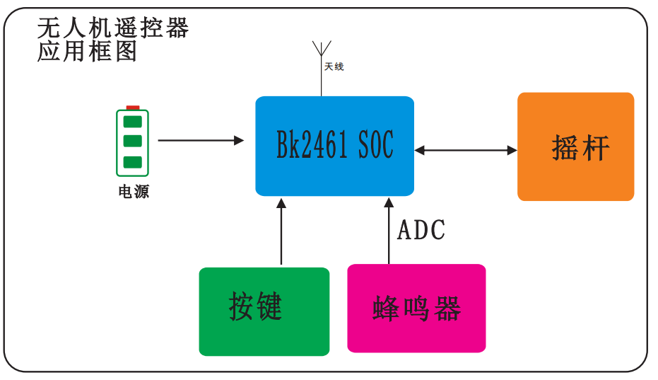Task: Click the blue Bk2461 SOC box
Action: tap(334, 146)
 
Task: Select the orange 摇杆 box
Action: tap(575, 146)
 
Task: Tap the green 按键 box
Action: tap(264, 311)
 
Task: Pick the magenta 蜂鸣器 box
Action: tap(416, 308)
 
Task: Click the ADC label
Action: tap(421, 230)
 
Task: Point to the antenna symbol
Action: tap(322, 68)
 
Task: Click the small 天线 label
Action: tap(334, 67)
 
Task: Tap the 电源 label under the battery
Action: tap(134, 192)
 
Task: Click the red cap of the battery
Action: tap(133, 108)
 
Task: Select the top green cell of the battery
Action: tap(133, 122)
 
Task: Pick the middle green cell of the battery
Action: tap(133, 141)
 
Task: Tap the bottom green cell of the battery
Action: tap(133, 162)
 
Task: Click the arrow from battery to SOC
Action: tap(201, 140)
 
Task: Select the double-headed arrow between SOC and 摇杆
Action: tap(466, 150)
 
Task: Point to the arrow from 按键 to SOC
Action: tap(281, 231)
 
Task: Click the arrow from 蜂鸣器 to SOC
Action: tap(389, 231)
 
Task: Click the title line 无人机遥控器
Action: tap(113, 28)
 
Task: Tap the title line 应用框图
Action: tap(87, 51)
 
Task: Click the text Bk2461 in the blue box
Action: tap(312, 144)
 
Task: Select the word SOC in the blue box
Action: tap(375, 144)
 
